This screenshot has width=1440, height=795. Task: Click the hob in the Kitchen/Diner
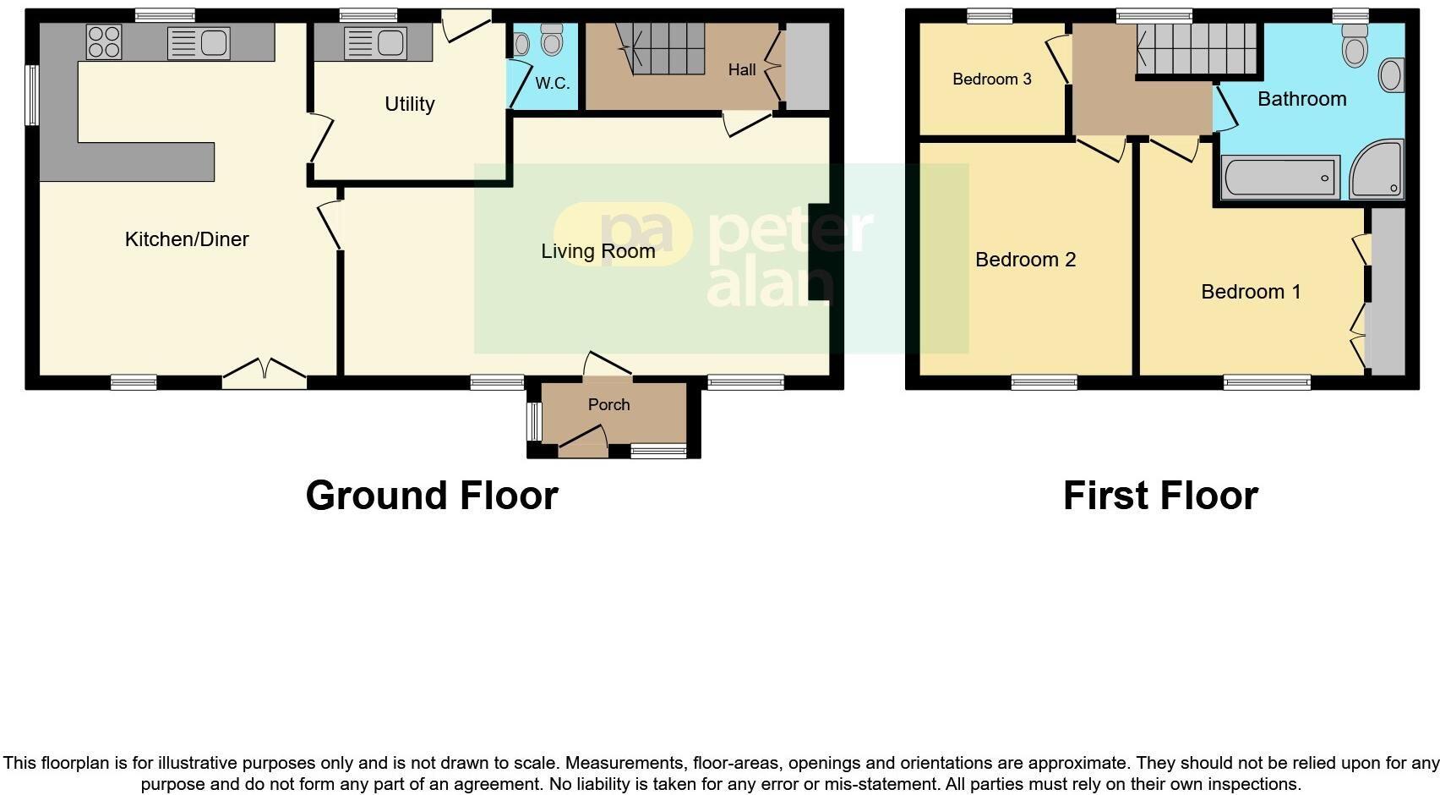pyautogui.click(x=104, y=42)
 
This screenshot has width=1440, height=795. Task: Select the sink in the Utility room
pyautogui.click(x=376, y=42)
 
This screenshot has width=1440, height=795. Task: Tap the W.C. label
pyautogui.click(x=553, y=83)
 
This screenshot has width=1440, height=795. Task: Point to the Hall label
pyautogui.click(x=742, y=69)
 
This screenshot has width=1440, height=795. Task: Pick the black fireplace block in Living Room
pyautogui.click(x=820, y=252)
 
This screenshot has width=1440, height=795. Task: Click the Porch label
pyautogui.click(x=608, y=404)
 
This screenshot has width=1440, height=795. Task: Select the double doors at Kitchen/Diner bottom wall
pyautogui.click(x=265, y=372)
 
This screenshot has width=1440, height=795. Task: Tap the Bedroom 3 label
pyautogui.click(x=991, y=79)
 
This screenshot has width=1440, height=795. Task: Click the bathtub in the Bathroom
pyautogui.click(x=1280, y=178)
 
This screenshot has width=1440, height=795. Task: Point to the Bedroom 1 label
pyautogui.click(x=1251, y=292)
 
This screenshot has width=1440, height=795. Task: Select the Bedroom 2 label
pyautogui.click(x=1025, y=260)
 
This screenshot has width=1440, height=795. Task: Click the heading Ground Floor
pyautogui.click(x=432, y=496)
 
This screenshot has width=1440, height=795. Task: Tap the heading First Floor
pyautogui.click(x=1160, y=496)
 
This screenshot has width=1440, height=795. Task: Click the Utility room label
pyautogui.click(x=409, y=104)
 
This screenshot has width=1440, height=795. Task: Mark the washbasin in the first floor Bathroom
pyautogui.click(x=1390, y=75)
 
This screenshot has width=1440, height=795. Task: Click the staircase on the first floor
pyautogui.click(x=1196, y=49)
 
